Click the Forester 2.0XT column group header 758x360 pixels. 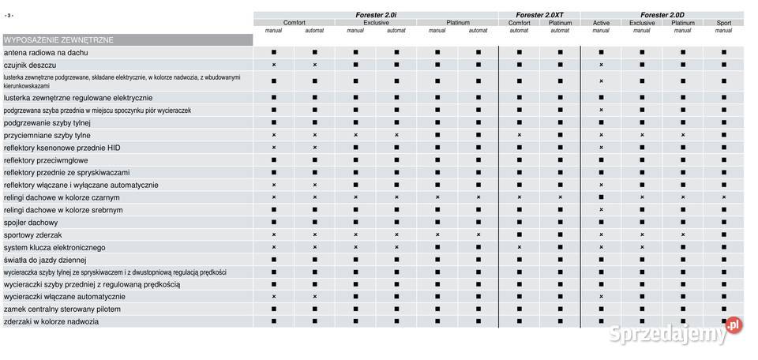pyautogui.click(x=539, y=15)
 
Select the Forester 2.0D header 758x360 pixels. pyautogui.click(x=662, y=15)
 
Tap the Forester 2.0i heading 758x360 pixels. pyautogui.click(x=376, y=15)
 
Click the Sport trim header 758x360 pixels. pyautogui.click(x=723, y=23)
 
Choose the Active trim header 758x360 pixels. pyautogui.click(x=601, y=23)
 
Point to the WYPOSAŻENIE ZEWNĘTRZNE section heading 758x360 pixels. pyautogui.click(x=58, y=39)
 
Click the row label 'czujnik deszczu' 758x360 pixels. pyautogui.click(x=30, y=65)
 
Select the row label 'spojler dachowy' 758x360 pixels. pyautogui.click(x=31, y=223)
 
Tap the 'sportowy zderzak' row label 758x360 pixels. pyautogui.click(x=33, y=235)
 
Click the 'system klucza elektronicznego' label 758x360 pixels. pyautogui.click(x=54, y=247)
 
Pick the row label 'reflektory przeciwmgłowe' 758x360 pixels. pyautogui.click(x=46, y=160)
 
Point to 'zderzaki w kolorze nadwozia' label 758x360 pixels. pyautogui.click(x=51, y=321)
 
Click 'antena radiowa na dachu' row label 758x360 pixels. pyautogui.click(x=46, y=52)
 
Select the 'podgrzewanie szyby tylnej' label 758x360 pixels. pyautogui.click(x=47, y=122)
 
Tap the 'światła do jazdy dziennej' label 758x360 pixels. pyautogui.click(x=45, y=260)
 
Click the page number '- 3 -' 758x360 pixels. pyautogui.click(x=9, y=15)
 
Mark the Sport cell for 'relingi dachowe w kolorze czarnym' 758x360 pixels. pyautogui.click(x=723, y=197)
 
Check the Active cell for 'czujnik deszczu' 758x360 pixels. pyautogui.click(x=601, y=65)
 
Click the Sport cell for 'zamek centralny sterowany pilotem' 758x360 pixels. pyautogui.click(x=723, y=309)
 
